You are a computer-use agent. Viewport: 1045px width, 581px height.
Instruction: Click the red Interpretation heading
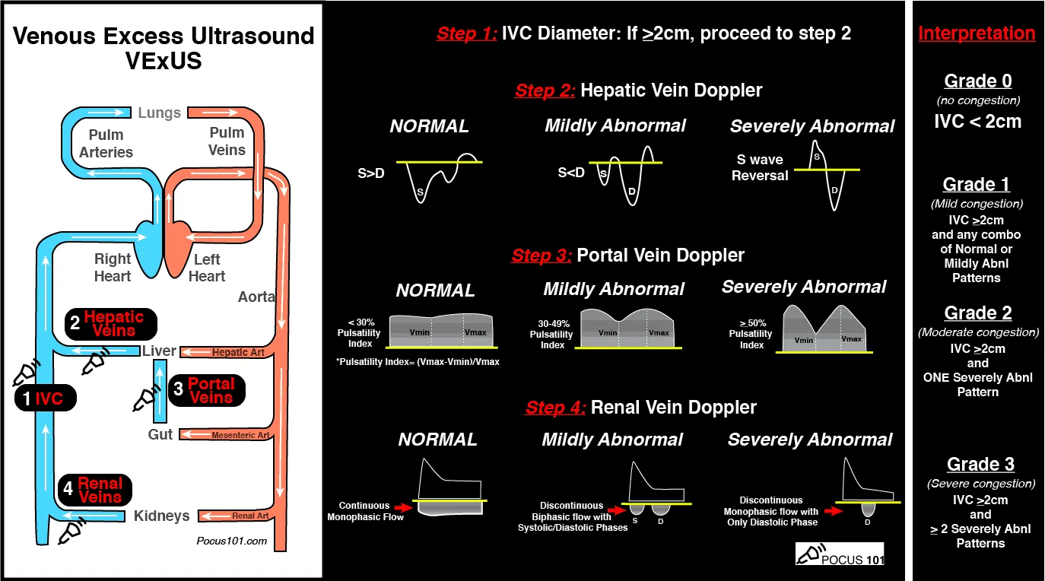pos(977,33)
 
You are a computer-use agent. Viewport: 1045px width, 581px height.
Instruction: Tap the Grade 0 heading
pos(977,81)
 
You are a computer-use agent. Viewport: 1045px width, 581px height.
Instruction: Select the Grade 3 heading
pos(980,464)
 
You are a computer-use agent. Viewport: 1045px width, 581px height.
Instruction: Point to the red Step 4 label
pos(555,408)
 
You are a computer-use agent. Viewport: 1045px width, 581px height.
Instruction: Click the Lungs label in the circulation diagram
pos(159,113)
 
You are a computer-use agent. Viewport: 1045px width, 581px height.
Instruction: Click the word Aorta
pos(256,297)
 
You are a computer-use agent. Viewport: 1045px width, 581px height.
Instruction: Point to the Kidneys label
pos(162,516)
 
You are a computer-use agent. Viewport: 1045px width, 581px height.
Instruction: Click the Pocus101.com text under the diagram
pos(231,541)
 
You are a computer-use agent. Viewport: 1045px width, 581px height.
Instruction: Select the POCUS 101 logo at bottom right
pos(840,554)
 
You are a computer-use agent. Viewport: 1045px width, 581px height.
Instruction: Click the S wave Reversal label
pos(762,167)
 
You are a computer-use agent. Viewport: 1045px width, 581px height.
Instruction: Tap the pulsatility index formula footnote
pos(418,361)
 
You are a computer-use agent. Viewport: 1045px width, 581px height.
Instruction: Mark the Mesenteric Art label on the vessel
pos(240,435)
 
